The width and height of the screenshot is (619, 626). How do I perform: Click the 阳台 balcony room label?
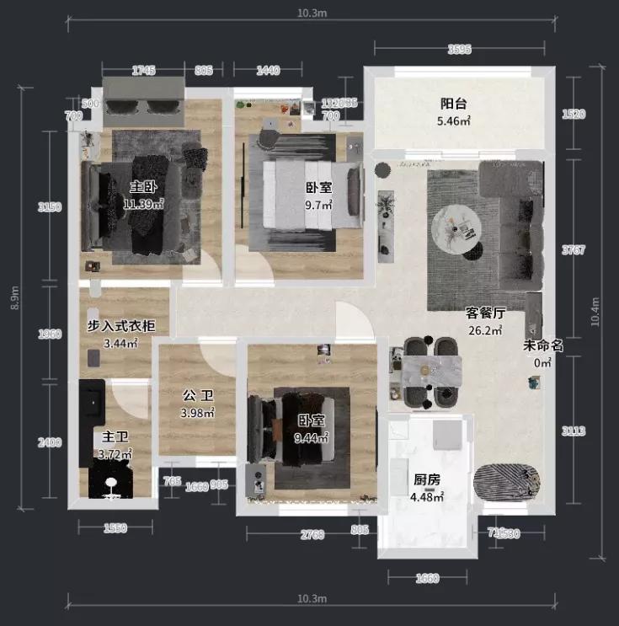tap(453, 104)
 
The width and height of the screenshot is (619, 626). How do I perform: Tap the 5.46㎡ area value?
tap(453, 121)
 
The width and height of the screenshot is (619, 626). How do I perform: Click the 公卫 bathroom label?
tap(197, 395)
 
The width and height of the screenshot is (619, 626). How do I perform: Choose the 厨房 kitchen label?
tap(424, 479)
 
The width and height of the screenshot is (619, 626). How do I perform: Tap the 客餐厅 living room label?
tap(485, 313)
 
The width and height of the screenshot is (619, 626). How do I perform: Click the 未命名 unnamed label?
tap(542, 345)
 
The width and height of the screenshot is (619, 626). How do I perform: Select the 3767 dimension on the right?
tap(573, 250)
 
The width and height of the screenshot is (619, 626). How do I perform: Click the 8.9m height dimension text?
tap(14, 297)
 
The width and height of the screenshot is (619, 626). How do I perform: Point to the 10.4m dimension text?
tap(597, 312)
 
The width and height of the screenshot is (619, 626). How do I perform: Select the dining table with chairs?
tap(430, 371)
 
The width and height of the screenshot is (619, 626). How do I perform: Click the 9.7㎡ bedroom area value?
tap(318, 205)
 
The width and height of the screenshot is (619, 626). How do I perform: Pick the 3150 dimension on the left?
tap(50, 207)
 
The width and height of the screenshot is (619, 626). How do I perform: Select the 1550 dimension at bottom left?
tap(115, 528)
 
